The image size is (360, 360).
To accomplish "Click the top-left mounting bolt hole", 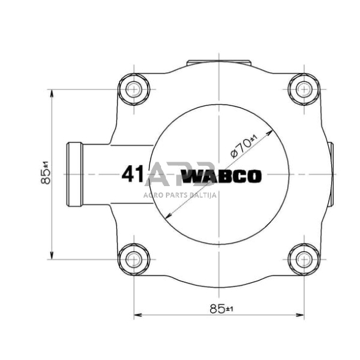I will coord(133,90).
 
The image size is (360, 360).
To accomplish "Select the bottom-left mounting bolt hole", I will coord(133,260).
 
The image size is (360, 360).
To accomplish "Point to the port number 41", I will coord(132,175).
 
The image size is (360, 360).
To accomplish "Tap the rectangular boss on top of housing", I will coord(218,63).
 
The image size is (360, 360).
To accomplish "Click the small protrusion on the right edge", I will coord(331,174).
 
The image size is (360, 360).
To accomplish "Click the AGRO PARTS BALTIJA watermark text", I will coord(181,195).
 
